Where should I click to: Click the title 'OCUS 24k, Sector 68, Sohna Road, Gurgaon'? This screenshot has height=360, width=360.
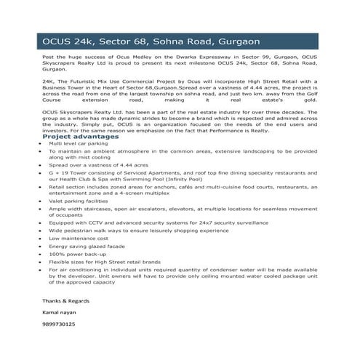151,42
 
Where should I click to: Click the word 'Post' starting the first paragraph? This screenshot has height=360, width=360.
49,55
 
